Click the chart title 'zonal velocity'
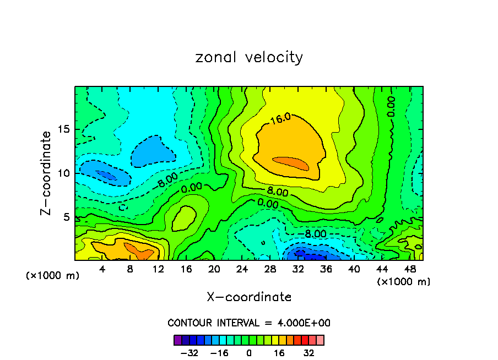pos(249,57)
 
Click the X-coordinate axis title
pos(249,297)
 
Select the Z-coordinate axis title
pos(46,173)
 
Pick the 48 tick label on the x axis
pos(409,269)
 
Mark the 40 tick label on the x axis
pos(354,269)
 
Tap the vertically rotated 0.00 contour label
pos(391,106)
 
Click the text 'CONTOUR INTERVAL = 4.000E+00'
pos(249,323)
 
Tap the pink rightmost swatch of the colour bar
pos(320,340)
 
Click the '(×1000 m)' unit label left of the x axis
pos(53,276)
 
